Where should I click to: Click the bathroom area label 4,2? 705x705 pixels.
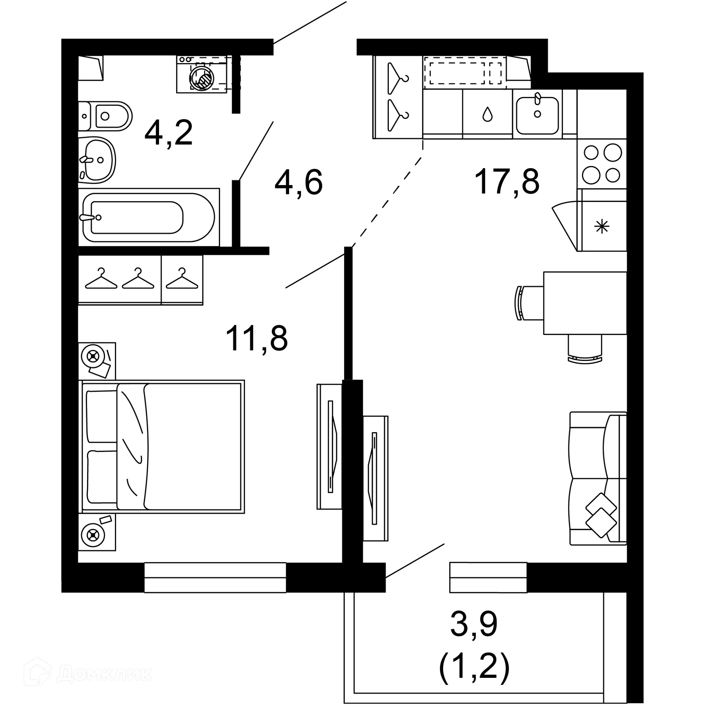(x=169, y=133)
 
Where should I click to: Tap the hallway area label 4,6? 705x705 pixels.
(x=299, y=183)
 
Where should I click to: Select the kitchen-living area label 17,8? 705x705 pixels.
(x=507, y=181)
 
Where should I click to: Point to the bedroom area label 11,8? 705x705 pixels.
(x=257, y=339)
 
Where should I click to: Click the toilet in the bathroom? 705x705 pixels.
(x=106, y=116)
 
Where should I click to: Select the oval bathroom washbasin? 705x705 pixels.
(x=97, y=160)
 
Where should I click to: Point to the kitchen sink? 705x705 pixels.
(x=537, y=115)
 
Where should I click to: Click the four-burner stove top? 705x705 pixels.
(x=602, y=164)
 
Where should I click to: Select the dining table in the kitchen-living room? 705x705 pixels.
(x=585, y=303)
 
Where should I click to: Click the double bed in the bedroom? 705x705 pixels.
(x=162, y=446)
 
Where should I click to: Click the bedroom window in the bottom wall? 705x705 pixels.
(x=215, y=577)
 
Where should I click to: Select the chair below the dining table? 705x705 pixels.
(x=585, y=349)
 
